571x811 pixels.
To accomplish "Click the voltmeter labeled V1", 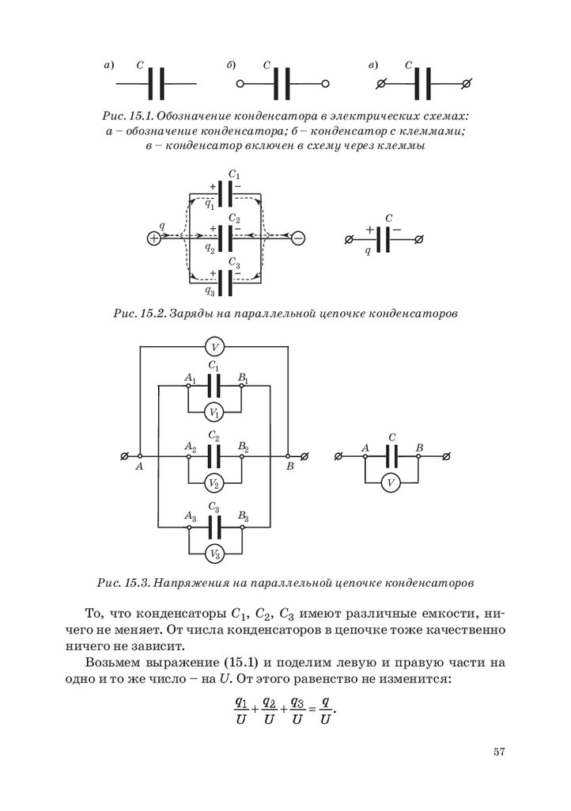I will click(x=214, y=413).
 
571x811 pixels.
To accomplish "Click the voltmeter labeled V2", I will click(x=214, y=483).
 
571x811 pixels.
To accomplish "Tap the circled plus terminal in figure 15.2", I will click(x=153, y=238).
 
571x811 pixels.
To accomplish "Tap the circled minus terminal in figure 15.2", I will click(x=298, y=238).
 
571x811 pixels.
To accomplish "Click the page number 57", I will click(x=498, y=752).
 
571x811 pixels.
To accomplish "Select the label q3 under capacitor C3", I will click(x=210, y=291).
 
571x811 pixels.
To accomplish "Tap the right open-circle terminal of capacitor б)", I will click(x=325, y=82).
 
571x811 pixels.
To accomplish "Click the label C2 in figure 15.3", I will click(x=214, y=436).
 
